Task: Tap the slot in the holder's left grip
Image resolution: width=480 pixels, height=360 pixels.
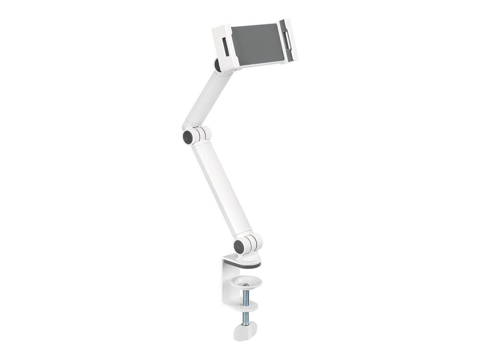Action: (x=226, y=48)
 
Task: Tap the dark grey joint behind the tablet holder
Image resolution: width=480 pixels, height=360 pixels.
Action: (x=217, y=65)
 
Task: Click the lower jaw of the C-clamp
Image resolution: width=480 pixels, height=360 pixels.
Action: (x=245, y=307)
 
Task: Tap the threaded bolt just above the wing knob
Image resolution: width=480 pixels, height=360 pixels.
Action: (x=245, y=318)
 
